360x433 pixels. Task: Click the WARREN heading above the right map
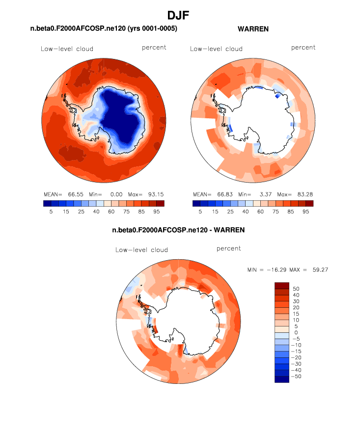[x=253, y=29]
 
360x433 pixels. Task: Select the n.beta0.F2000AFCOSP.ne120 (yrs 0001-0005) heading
[x=104, y=29]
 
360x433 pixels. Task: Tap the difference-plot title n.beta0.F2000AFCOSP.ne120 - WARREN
[x=178, y=230]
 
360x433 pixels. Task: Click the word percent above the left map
[x=154, y=48]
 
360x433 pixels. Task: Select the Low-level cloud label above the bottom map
[x=141, y=250]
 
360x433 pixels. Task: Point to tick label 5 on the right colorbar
[x=200, y=212]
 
